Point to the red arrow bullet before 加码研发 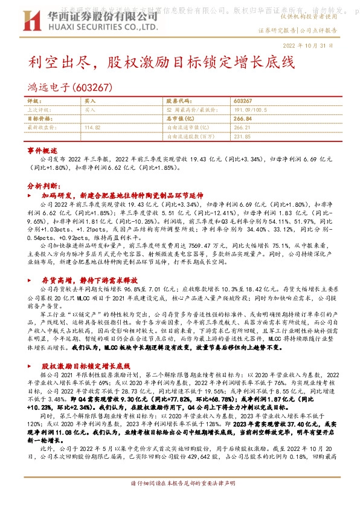(x=31, y=196)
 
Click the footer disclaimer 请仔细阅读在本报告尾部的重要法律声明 (x=179, y=501)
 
